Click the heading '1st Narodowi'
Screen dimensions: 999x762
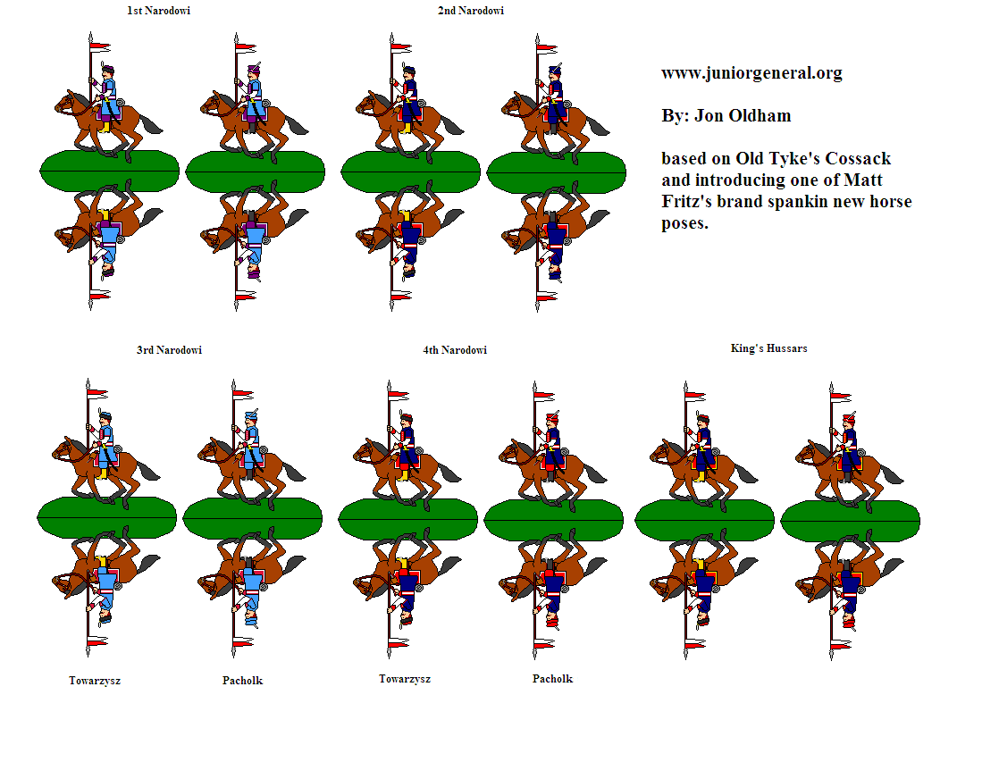(x=159, y=11)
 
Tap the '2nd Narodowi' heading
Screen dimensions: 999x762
(x=471, y=11)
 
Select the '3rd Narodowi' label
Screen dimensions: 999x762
(x=170, y=350)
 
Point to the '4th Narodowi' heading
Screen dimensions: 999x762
(x=455, y=350)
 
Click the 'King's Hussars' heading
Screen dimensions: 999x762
(x=769, y=348)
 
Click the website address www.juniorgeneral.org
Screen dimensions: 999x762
(x=751, y=73)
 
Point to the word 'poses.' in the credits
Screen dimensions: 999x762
(x=684, y=223)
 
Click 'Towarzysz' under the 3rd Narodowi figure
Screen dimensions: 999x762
(x=95, y=681)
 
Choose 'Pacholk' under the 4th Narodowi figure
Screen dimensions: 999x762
(x=552, y=679)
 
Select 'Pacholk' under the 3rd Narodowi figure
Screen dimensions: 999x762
(x=243, y=681)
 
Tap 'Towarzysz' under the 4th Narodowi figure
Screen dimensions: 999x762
(x=405, y=679)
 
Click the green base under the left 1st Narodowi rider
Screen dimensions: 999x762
(x=110, y=172)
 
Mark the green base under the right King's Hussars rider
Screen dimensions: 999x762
(x=850, y=520)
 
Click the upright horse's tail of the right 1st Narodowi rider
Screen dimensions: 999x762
(x=294, y=124)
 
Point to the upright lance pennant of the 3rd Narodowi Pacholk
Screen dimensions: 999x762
(x=243, y=394)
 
